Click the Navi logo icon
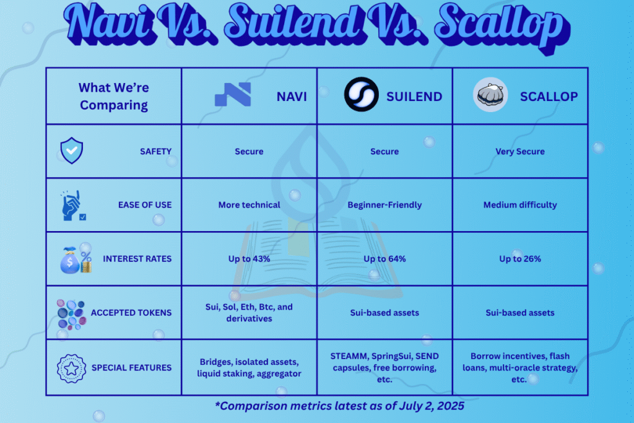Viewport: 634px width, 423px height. coord(233,94)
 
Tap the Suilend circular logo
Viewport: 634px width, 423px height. coord(362,94)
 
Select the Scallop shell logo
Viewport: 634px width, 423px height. coord(490,95)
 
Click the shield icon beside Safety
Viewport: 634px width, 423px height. coord(72,150)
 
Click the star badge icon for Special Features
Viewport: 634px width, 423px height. coord(72,368)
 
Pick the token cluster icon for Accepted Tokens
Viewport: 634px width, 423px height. coord(72,314)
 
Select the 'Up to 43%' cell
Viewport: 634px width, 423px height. coord(249,259)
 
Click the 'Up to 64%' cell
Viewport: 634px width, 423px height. coord(384,259)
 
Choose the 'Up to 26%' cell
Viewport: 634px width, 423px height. coord(520,259)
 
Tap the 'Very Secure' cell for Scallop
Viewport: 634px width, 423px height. coord(520,151)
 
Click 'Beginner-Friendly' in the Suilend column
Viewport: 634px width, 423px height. coord(384,205)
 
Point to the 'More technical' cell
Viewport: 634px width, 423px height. coord(249,205)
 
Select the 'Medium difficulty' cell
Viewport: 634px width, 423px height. coord(520,205)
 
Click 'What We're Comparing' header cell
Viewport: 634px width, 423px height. coord(114,96)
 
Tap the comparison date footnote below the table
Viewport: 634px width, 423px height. coord(340,406)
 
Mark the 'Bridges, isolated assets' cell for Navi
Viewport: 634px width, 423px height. coord(249,368)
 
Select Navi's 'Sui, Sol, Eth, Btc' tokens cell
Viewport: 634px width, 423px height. coord(249,313)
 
